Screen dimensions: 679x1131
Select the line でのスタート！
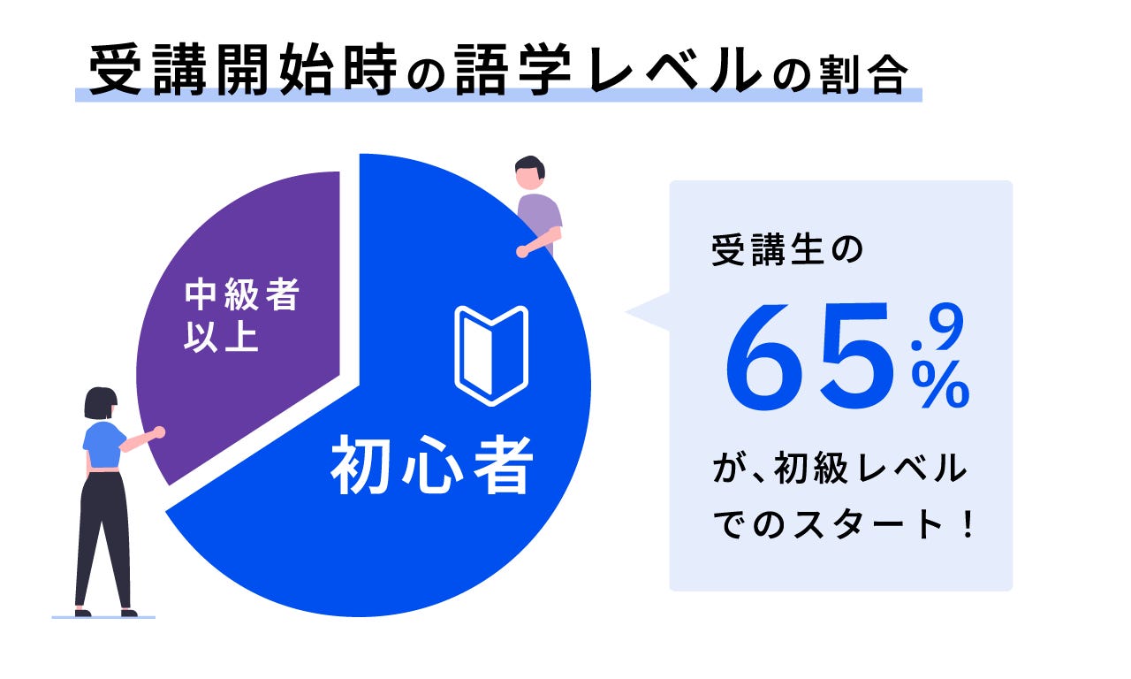tap(845, 525)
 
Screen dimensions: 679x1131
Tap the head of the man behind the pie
tap(529, 172)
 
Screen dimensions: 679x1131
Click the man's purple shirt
tap(540, 217)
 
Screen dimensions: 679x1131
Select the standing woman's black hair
tap(100, 402)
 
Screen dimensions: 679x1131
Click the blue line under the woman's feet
tap(103, 616)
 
